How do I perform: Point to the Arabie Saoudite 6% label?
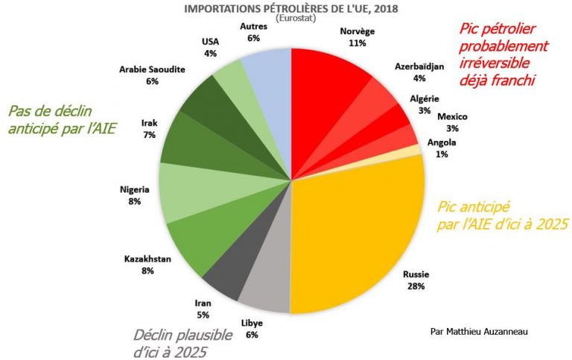[x=152, y=75]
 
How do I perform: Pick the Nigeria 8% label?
[x=134, y=195]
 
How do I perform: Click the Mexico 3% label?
[x=452, y=122]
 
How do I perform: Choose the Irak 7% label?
[x=146, y=127]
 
